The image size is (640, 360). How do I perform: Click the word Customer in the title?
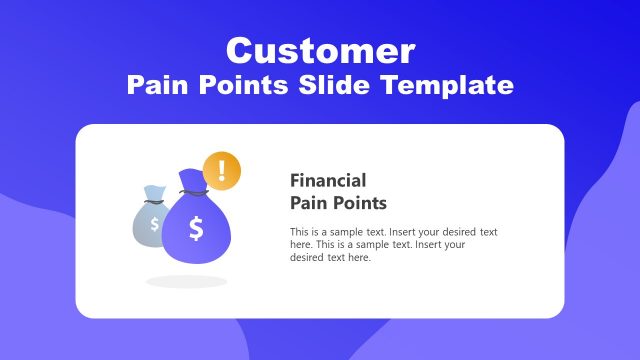point(320,50)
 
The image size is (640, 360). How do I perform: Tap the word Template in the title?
point(451,85)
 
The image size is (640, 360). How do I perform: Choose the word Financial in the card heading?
point(328,181)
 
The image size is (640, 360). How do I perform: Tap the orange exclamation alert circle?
point(221,170)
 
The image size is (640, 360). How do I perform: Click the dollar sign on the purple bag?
point(196,229)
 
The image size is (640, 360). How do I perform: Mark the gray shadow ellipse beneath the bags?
point(186,281)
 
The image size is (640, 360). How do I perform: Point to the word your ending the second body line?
point(454,244)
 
